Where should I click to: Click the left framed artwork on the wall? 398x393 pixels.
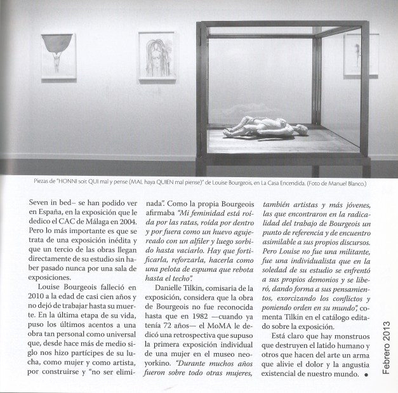[58, 56]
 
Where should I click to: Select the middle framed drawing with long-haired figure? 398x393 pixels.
[156, 55]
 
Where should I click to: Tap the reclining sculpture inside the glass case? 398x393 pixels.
[263, 129]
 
